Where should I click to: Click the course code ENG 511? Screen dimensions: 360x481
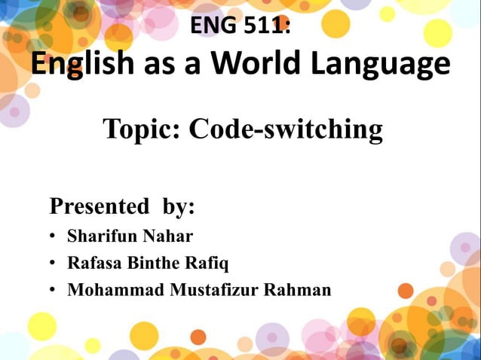tap(240, 26)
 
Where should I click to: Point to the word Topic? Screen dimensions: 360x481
tap(140, 130)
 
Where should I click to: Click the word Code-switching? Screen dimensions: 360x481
tap(286, 130)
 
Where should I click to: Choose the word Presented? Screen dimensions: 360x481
tap(99, 206)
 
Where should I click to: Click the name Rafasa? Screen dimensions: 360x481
tap(93, 264)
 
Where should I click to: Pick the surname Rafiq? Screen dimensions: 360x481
tap(208, 264)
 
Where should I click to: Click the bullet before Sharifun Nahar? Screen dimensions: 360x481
tap(54, 237)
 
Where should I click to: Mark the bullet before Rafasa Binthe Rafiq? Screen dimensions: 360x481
tap(54, 264)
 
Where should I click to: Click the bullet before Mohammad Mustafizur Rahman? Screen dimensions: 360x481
tap(54, 291)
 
